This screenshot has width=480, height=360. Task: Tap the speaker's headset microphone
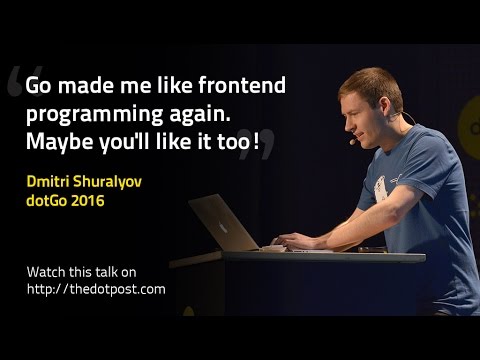(x=353, y=141)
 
